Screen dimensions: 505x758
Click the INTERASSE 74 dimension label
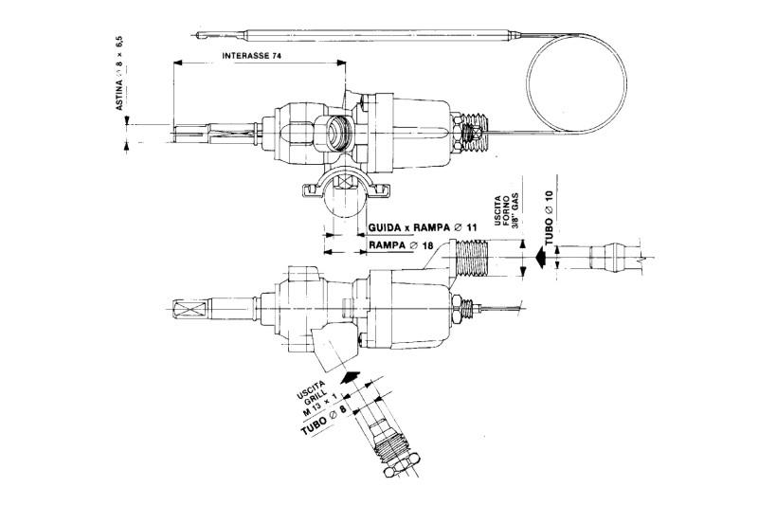[x=253, y=56]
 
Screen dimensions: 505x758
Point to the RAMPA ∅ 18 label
[x=393, y=246]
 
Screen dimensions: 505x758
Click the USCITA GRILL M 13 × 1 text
[x=314, y=407]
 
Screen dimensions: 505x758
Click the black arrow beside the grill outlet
[x=350, y=378]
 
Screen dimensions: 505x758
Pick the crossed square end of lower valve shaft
[x=185, y=309]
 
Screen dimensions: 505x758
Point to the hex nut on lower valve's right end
[x=457, y=308]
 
